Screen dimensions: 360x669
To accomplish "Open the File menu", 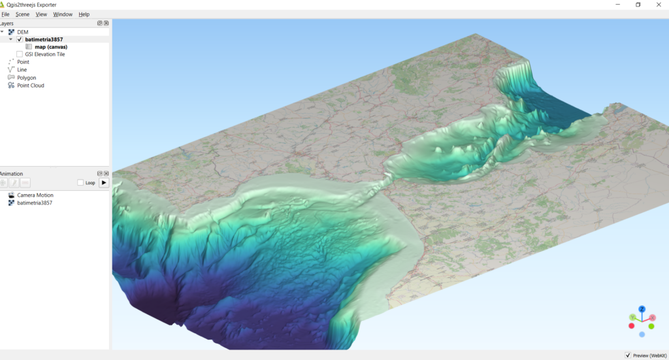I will click(x=5, y=14).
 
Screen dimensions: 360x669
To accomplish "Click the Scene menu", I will click(x=22, y=14).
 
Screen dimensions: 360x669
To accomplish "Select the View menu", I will click(x=41, y=14).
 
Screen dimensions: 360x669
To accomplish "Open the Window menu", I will click(x=63, y=14).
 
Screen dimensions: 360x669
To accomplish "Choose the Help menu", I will click(x=84, y=14).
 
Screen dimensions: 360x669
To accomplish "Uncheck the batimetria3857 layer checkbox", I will click(x=20, y=39).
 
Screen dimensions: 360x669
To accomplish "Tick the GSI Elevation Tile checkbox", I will click(x=20, y=54).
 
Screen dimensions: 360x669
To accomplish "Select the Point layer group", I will click(x=23, y=62).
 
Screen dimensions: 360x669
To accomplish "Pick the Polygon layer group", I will click(x=27, y=78).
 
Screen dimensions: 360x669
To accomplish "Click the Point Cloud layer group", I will click(x=31, y=86).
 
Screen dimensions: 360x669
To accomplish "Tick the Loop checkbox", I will click(x=80, y=183).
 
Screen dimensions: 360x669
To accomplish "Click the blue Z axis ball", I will click(x=642, y=308).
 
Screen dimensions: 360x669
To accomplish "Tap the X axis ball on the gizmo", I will click(x=652, y=318).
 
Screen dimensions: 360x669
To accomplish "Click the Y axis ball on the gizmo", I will click(x=632, y=318).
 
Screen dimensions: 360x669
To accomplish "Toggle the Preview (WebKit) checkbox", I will click(x=628, y=355).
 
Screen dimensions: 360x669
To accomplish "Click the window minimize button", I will click(x=618, y=5).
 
